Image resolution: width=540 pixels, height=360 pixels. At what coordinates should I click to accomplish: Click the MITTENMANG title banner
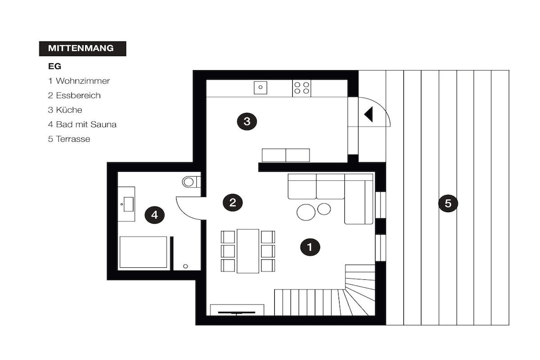click(83, 48)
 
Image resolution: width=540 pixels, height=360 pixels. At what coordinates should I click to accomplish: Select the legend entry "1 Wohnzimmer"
click(79, 81)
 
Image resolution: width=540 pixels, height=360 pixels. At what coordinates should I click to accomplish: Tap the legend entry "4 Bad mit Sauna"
click(82, 124)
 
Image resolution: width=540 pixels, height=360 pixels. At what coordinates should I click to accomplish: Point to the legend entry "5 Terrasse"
click(69, 139)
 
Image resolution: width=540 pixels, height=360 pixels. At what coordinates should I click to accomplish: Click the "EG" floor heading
click(54, 66)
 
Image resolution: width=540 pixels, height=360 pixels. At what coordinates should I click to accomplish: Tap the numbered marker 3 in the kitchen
click(247, 121)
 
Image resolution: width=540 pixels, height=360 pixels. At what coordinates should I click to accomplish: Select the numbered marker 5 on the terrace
click(448, 203)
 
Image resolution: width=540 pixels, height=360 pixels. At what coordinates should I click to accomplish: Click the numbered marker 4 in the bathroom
click(155, 215)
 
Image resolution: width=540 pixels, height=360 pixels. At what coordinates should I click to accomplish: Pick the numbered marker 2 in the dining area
click(233, 202)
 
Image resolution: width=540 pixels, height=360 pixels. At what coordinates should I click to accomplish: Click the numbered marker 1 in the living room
click(310, 247)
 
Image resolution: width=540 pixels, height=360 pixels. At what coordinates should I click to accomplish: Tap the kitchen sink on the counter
click(261, 87)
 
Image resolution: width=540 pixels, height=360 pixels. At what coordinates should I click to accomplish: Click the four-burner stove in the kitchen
click(301, 88)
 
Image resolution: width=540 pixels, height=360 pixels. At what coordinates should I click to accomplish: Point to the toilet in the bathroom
click(191, 181)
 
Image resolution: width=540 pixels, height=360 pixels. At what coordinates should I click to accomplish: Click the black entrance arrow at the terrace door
click(368, 114)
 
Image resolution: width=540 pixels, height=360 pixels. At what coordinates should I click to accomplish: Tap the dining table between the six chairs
click(248, 251)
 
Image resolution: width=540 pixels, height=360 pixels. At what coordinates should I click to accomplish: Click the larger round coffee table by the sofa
click(306, 212)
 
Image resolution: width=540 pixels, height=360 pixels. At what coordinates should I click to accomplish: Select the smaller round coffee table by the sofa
click(324, 209)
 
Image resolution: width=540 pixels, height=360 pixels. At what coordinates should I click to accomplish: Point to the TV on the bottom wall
click(237, 313)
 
